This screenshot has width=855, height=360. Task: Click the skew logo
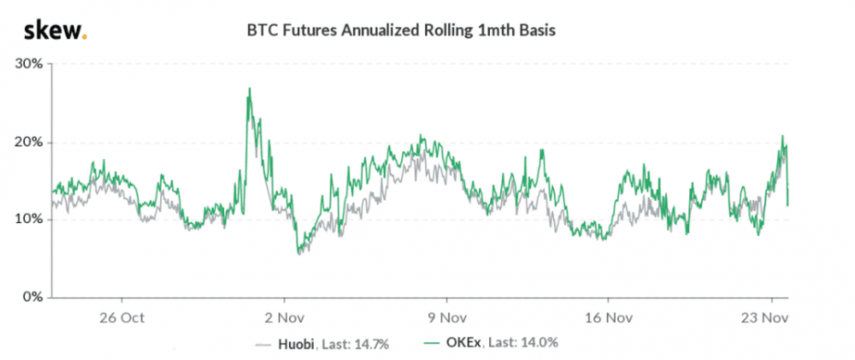coord(54,32)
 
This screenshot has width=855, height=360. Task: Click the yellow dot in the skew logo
coord(84,37)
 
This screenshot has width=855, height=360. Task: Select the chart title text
coord(401,32)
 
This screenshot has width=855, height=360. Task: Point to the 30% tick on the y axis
coord(31,64)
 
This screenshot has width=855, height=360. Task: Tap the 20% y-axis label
coord(31,142)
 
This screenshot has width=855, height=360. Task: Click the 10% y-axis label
coord(31,220)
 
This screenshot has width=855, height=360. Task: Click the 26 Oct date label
coord(122,316)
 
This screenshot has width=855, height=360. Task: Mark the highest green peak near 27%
coord(249,88)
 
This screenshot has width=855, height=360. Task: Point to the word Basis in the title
coord(537,32)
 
